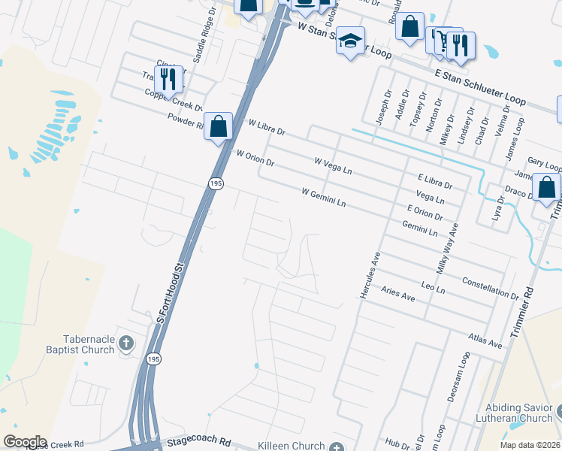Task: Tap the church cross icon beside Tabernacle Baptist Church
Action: coord(126,344)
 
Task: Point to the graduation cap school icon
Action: coord(350,41)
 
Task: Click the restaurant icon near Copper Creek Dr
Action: coord(168,78)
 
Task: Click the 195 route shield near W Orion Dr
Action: coord(216,184)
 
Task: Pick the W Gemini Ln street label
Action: coord(323,197)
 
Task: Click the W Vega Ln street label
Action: coord(333,166)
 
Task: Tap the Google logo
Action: coord(26,442)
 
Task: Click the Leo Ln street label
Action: coord(433,286)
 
